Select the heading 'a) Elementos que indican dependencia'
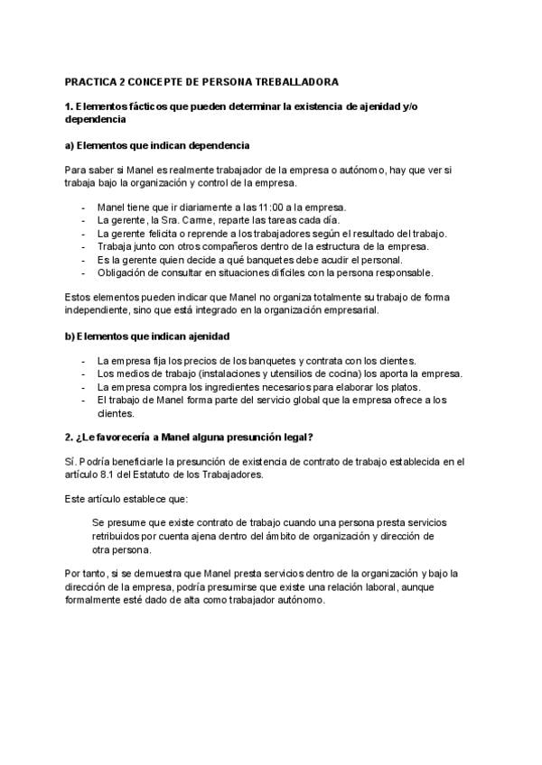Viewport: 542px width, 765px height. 157,145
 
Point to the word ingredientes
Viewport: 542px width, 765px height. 238,387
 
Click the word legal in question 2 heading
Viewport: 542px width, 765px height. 294,438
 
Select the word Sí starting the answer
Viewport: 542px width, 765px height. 70,462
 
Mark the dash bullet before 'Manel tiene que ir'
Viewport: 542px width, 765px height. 84,207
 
